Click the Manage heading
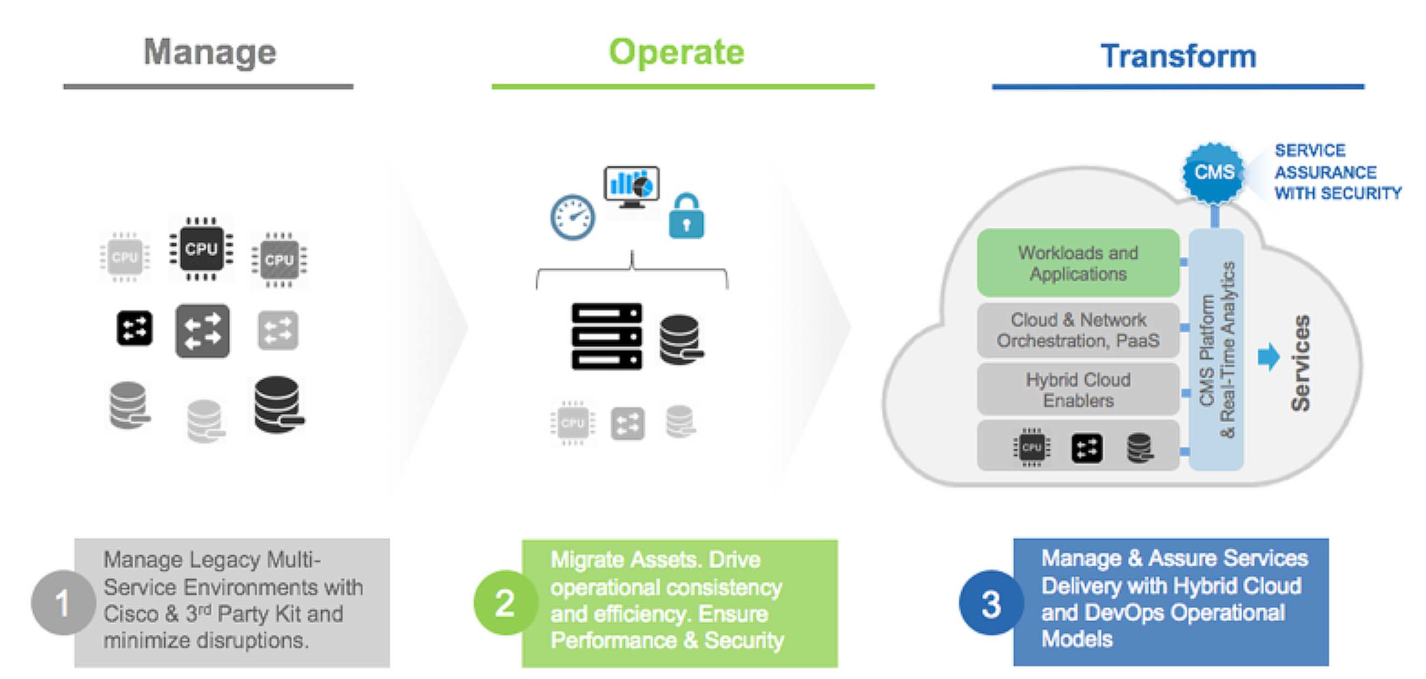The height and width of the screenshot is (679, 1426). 210,53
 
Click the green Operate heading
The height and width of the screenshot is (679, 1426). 676,53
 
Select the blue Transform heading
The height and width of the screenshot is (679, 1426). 1178,57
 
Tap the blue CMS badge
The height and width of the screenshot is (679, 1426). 1213,172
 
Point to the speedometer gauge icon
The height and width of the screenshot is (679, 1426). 573,217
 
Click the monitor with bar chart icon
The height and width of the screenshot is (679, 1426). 632,186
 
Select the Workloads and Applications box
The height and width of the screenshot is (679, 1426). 1078,263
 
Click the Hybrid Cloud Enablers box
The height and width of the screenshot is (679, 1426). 1078,390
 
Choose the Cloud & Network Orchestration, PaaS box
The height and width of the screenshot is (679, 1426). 1078,330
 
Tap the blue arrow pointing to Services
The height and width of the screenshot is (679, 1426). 1268,357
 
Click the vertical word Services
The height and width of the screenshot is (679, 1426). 1300,363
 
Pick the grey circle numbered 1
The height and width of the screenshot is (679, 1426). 63,603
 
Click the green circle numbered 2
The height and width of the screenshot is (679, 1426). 504,603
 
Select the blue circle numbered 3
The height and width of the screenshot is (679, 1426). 991,603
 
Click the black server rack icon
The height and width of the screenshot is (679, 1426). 607,336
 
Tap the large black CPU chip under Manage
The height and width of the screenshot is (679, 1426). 201,249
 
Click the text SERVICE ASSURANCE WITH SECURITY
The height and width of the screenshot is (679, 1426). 1337,172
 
